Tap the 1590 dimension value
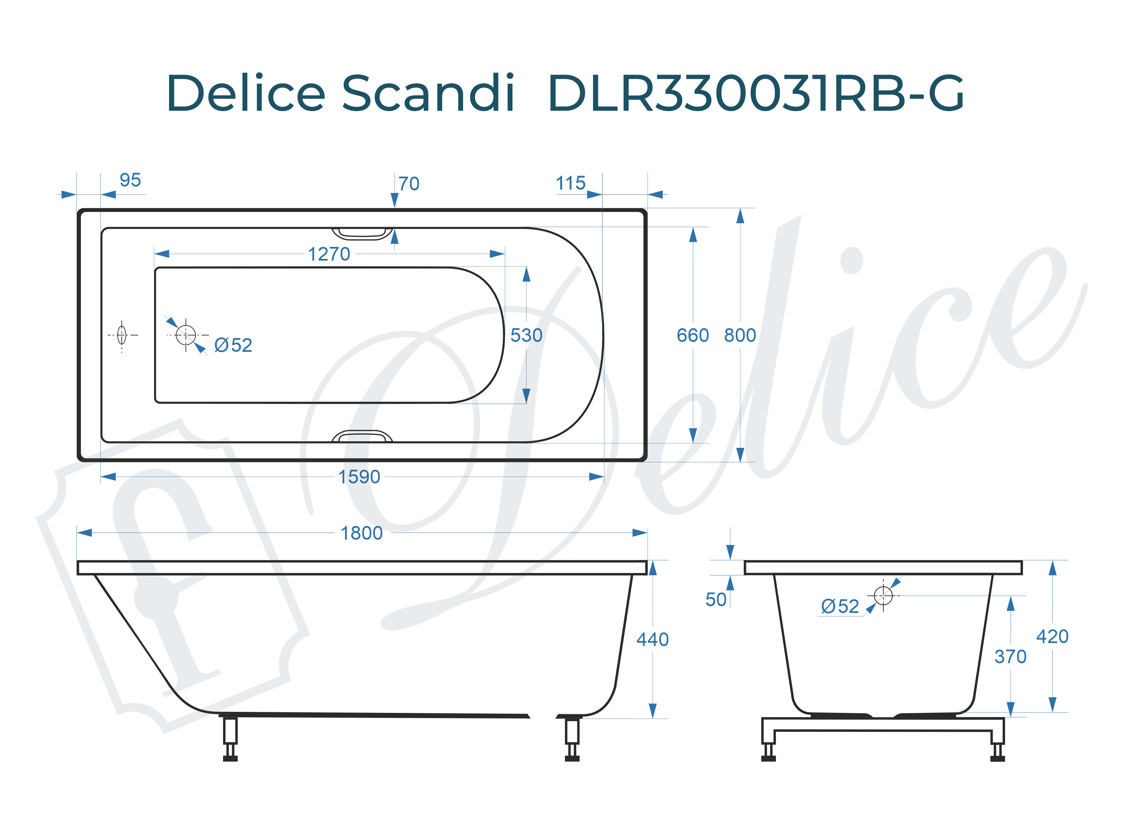(x=359, y=477)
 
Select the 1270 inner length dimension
(x=329, y=254)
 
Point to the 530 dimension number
(x=526, y=335)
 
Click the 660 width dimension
(x=692, y=335)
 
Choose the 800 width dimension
(x=740, y=335)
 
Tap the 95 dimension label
(x=130, y=180)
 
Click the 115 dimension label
(x=570, y=183)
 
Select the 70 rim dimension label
(x=409, y=184)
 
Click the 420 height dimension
(x=1052, y=637)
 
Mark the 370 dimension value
(x=1010, y=657)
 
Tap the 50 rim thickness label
(x=716, y=600)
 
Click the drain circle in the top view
(x=186, y=335)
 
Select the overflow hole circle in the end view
(x=883, y=595)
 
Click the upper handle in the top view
(x=362, y=234)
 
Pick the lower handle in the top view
(x=362, y=436)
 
